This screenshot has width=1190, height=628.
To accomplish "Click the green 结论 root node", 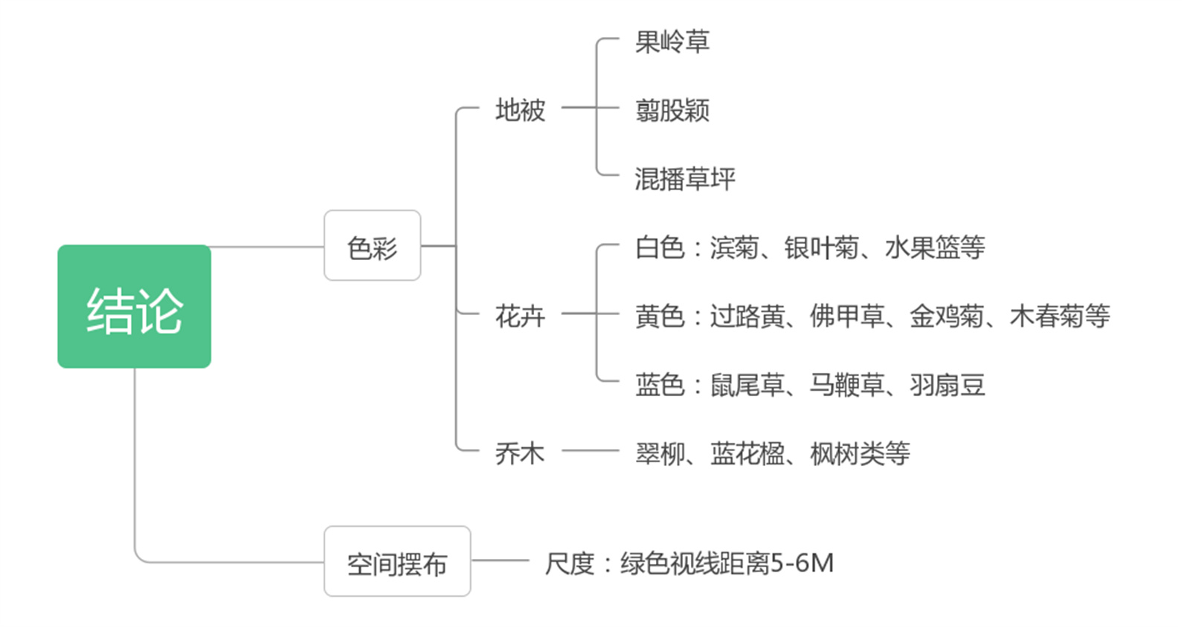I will pos(134,306).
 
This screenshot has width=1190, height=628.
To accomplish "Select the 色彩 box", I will pos(372,246).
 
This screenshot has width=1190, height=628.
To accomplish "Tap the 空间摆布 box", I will pos(397,563).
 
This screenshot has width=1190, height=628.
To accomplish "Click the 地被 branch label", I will pos(520,110).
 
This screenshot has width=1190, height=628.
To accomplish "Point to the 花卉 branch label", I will pos(520,317).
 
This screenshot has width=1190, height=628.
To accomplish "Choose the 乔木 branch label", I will pos(520,453).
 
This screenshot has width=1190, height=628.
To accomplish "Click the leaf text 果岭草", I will pos(672,42).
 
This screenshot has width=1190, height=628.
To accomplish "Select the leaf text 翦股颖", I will pos(672,110).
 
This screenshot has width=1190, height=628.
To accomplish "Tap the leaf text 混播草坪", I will pos(684,178).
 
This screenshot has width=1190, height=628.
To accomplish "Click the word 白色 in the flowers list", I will pos(659,247).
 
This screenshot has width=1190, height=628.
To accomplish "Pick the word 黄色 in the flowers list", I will pos(659,317).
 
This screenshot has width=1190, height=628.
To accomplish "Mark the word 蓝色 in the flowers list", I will pos(659,385).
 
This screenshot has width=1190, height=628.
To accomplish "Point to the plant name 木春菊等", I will pos(1059,317).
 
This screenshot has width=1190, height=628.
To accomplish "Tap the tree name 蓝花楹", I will pos(747,453).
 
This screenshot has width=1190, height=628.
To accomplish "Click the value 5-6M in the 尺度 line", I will pos(802,563).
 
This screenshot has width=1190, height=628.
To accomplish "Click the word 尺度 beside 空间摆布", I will pos(569,563).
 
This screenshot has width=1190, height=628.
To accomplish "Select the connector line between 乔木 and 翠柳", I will pos(590,450).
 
